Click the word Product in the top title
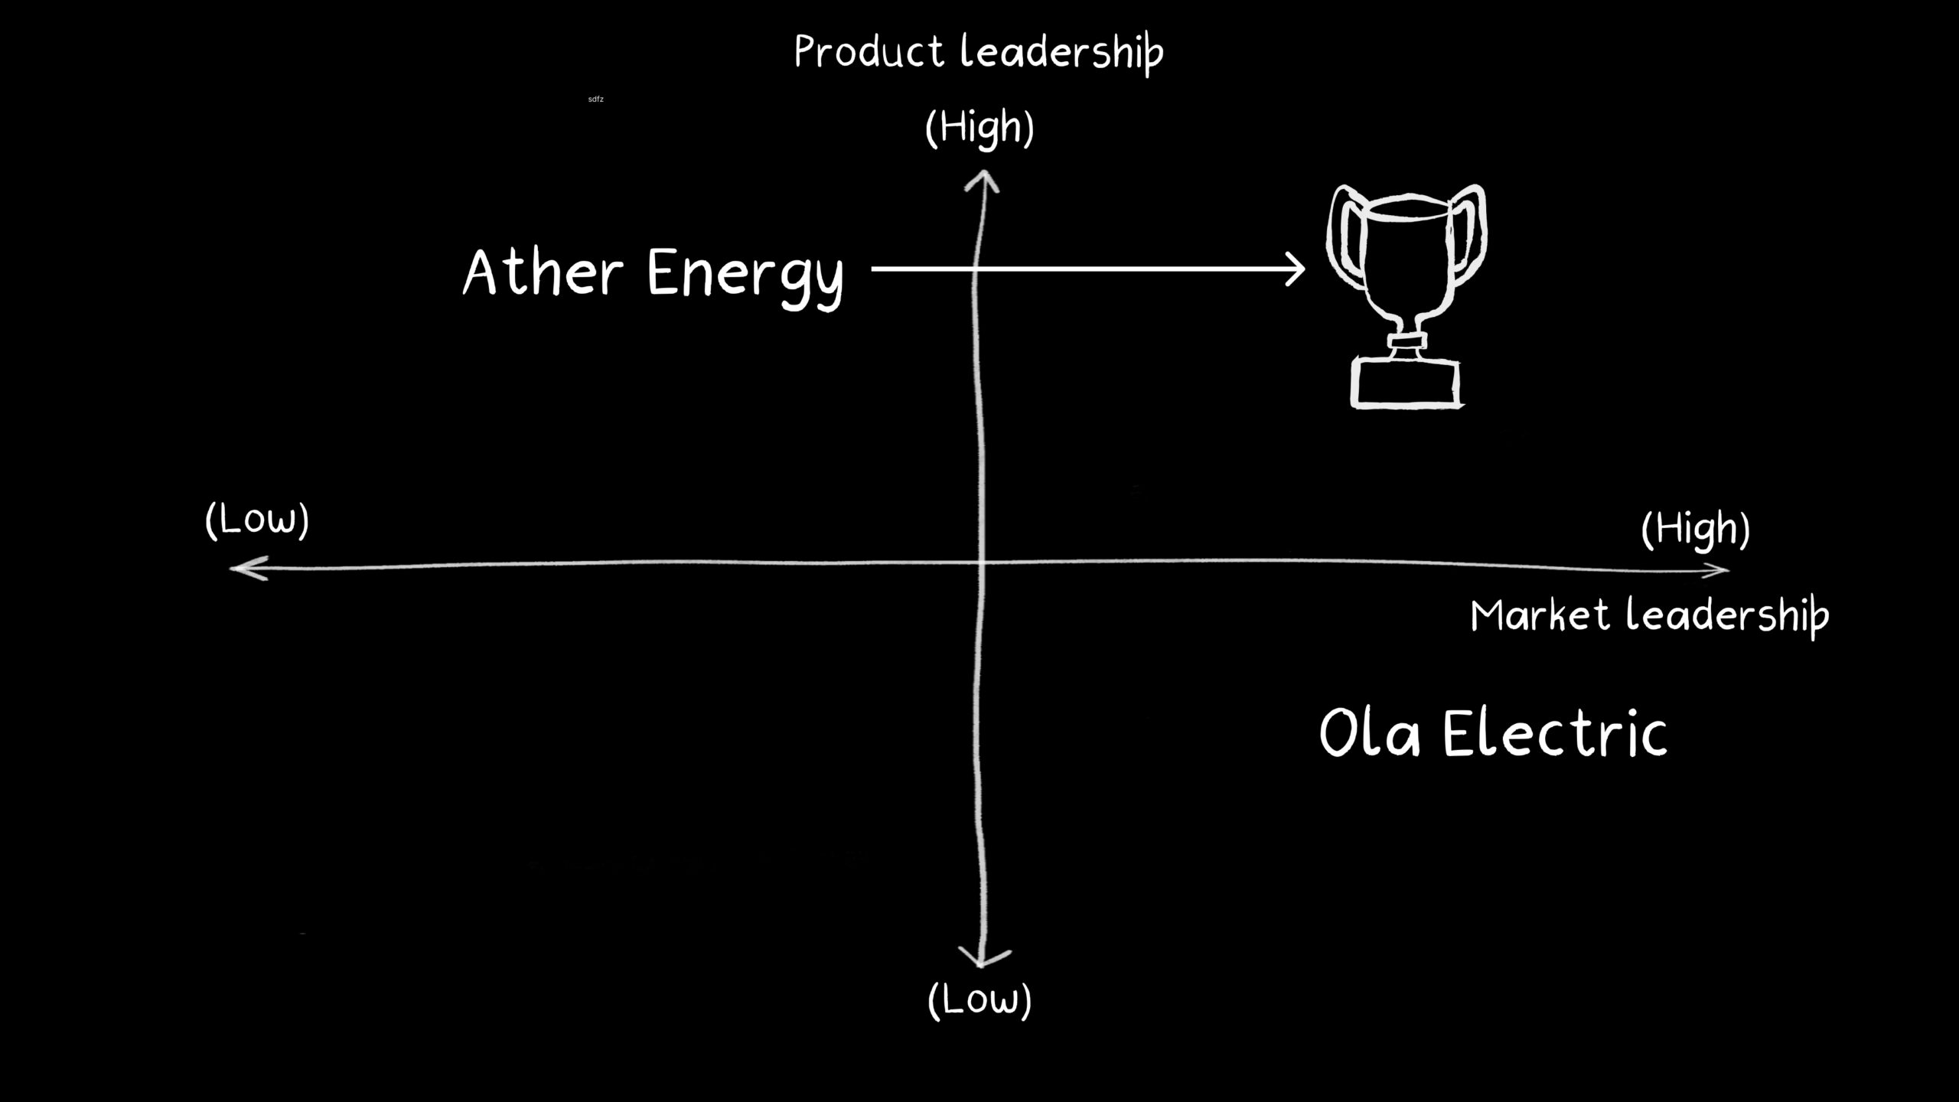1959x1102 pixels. [869, 52]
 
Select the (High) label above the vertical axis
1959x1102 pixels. [979, 128]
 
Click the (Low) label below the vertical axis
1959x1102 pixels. [979, 1000]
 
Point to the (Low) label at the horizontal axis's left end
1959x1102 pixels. [257, 521]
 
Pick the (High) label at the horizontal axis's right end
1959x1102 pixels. [1696, 530]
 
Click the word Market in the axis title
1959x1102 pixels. [1540, 616]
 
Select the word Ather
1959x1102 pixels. [543, 273]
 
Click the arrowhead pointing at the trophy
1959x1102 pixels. [1296, 269]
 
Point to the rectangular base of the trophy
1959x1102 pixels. [1406, 383]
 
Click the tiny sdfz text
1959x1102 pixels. [595, 99]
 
